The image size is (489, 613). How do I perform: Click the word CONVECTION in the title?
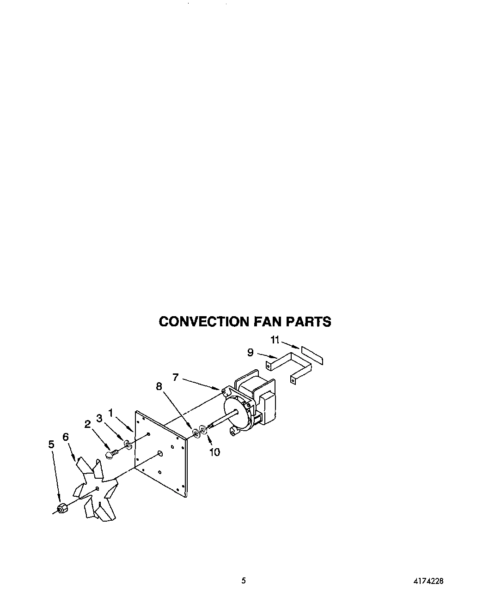pos(204,322)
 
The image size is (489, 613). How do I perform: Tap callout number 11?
pos(275,340)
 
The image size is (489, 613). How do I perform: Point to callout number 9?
pos(250,353)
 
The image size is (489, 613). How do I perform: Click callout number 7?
pos(175,377)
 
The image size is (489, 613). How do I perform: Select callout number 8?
pos(159,386)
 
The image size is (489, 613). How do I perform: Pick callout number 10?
pos(214,452)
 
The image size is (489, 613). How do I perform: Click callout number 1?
pos(110,412)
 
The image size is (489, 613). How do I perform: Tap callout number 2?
pos(87,424)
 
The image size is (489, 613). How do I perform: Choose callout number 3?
pos(99,418)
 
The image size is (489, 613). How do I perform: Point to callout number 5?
pos(51,444)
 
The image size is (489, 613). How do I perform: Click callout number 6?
pos(66,437)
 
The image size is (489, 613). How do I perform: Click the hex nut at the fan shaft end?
pos(61,509)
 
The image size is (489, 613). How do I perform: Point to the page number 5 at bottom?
pos(244,581)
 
